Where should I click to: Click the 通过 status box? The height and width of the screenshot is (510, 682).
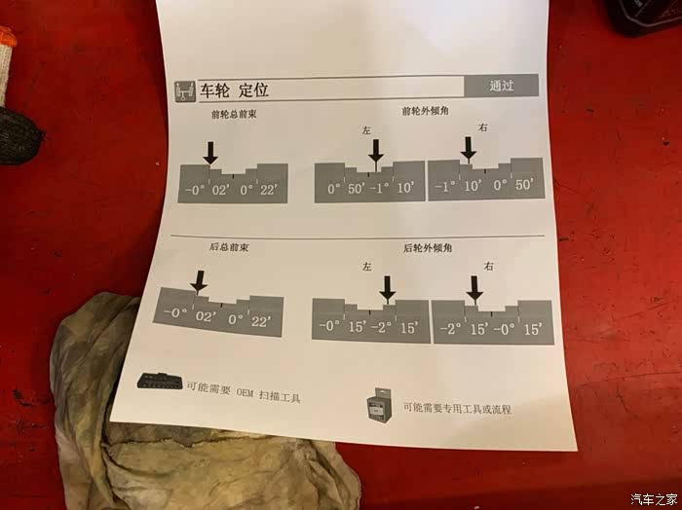click(x=501, y=86)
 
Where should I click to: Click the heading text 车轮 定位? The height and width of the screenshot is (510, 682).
click(x=234, y=91)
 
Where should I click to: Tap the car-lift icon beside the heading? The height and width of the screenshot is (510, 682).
click(x=185, y=91)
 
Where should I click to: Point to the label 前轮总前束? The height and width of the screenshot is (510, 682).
click(x=234, y=115)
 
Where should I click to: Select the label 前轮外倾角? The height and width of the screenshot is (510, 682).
click(x=425, y=111)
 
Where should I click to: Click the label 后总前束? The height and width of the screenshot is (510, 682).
click(x=229, y=247)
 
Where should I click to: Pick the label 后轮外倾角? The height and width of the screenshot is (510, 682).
click(x=428, y=248)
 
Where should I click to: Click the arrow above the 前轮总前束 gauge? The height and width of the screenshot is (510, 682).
click(x=210, y=153)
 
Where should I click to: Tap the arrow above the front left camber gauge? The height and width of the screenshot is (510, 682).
click(x=376, y=152)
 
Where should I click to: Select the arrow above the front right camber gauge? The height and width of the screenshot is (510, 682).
click(x=469, y=149)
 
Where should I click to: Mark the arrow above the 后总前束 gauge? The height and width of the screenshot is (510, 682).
click(x=199, y=282)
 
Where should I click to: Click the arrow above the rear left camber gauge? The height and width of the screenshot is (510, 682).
click(x=387, y=288)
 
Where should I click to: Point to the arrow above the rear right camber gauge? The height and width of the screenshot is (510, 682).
click(x=474, y=288)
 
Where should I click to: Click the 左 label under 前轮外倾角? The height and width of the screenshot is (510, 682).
click(x=366, y=130)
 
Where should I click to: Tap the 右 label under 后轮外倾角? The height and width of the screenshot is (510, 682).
click(x=489, y=266)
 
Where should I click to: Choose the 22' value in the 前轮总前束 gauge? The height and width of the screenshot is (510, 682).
click(x=268, y=190)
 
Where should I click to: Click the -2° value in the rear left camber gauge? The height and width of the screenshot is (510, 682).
click(x=382, y=328)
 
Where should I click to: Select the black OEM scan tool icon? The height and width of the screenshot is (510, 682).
click(x=160, y=381)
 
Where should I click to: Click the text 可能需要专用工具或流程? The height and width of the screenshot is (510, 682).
click(x=457, y=409)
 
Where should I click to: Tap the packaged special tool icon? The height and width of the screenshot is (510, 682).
click(x=378, y=405)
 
